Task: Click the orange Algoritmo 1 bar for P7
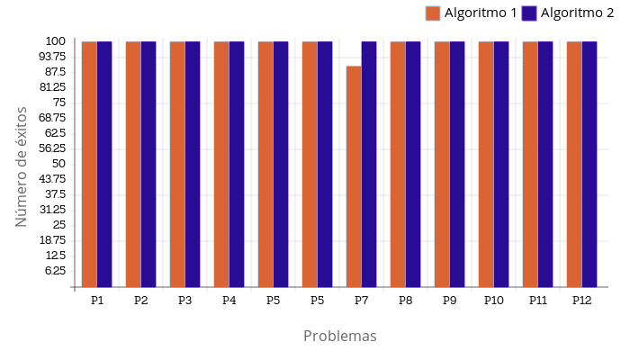(354, 176)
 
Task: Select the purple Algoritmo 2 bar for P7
(369, 164)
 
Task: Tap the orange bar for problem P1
(89, 164)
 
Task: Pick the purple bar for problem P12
(589, 164)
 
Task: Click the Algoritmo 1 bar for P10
(486, 164)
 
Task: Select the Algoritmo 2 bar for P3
(193, 164)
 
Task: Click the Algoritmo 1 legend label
(481, 13)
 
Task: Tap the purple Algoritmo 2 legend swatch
(529, 13)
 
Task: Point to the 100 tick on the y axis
(55, 41)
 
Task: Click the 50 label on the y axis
(58, 164)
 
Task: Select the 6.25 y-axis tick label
(55, 271)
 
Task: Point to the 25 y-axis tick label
(58, 225)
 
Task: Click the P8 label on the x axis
(406, 300)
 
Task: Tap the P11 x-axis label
(538, 300)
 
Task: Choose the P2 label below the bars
(141, 300)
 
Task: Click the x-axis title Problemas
(339, 336)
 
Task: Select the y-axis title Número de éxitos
(22, 166)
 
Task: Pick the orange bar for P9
(442, 164)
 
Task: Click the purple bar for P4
(237, 164)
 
